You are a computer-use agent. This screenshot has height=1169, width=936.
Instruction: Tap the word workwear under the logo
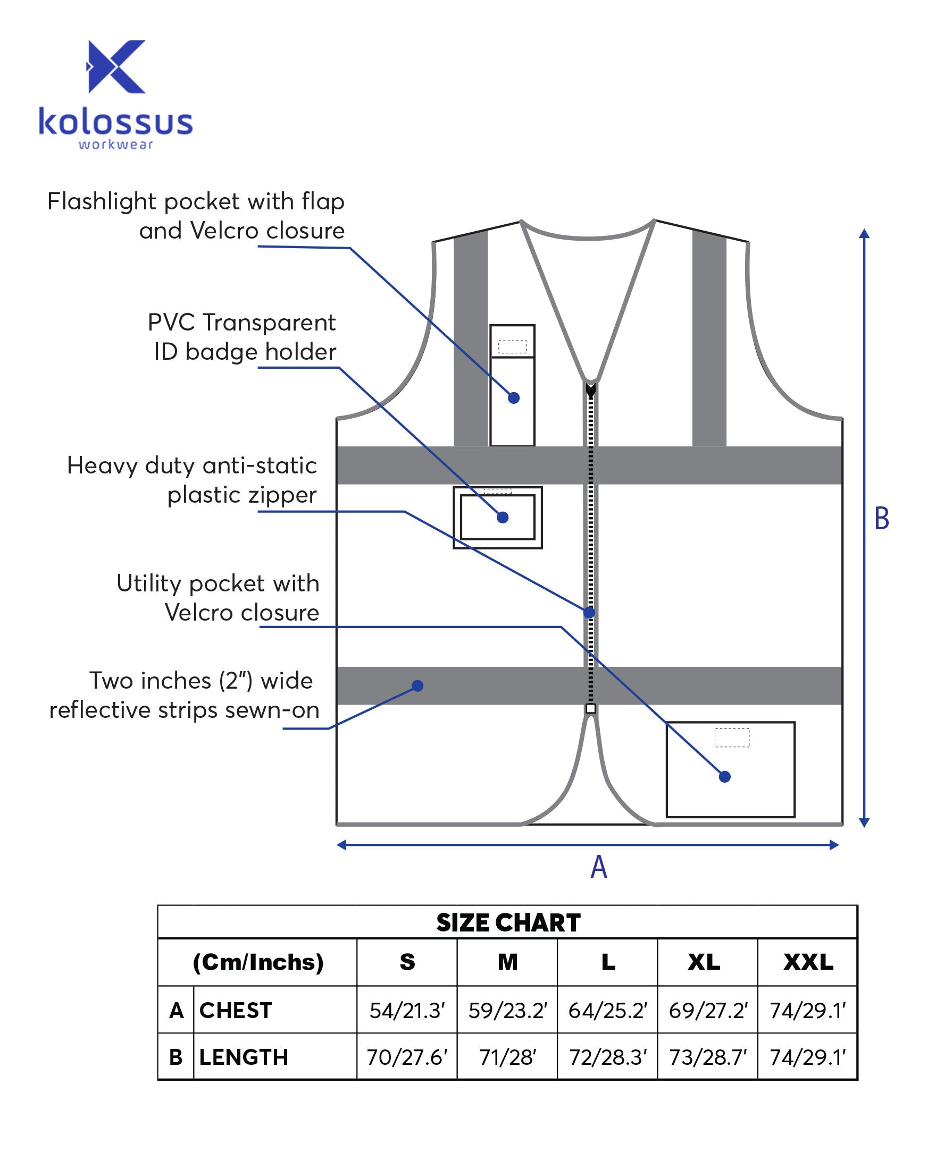tap(115, 145)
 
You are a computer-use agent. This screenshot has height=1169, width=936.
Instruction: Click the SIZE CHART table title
tap(508, 922)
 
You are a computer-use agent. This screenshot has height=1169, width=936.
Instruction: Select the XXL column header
tap(808, 962)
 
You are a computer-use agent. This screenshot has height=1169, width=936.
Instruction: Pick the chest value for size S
tap(407, 1011)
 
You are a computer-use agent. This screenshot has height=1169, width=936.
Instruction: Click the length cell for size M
tap(507, 1057)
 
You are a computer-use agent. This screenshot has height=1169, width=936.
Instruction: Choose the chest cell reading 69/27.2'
tap(707, 1011)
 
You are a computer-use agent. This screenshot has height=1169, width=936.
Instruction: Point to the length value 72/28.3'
tap(608, 1057)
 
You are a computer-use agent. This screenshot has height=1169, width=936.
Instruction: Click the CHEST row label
tap(236, 1011)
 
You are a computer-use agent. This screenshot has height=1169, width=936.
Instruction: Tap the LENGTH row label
tap(244, 1057)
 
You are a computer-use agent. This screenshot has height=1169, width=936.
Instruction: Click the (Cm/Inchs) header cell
tap(258, 962)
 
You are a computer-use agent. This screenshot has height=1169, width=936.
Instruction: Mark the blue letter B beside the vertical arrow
tap(882, 519)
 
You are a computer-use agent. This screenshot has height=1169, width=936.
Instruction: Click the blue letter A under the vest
tap(598, 867)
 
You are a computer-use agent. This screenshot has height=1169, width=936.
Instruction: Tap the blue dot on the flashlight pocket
tap(514, 398)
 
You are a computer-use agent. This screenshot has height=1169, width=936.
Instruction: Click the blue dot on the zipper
tap(589, 613)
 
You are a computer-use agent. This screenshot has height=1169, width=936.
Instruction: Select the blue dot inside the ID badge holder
tap(503, 518)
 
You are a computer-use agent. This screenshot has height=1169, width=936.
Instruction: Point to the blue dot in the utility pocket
tap(724, 777)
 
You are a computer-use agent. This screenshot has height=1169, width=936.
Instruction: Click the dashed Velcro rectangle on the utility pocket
tap(731, 738)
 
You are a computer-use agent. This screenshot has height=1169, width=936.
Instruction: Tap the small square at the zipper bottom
tap(591, 709)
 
